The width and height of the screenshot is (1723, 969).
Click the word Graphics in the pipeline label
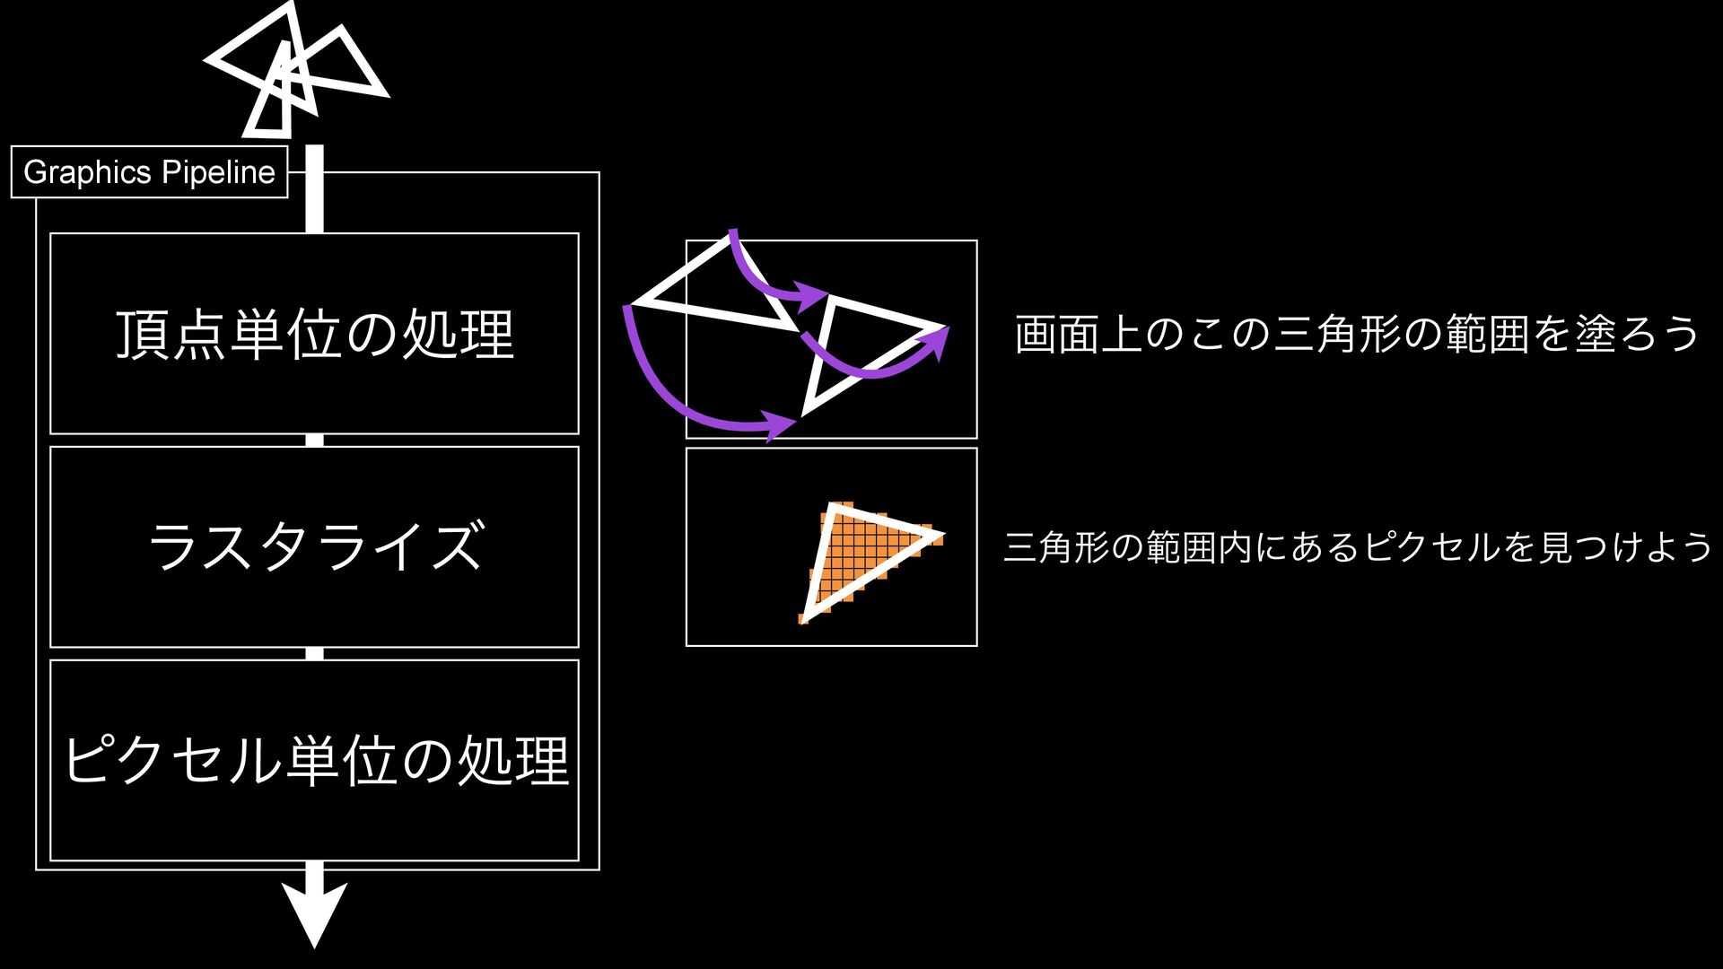point(87,172)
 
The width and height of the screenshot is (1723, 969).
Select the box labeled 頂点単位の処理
point(314,334)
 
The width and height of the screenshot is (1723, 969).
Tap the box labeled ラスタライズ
point(314,546)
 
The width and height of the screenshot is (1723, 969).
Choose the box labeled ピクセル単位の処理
point(314,760)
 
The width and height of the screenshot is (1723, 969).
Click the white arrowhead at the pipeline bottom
point(314,911)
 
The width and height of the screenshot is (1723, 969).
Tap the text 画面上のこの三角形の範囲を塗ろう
point(1356,334)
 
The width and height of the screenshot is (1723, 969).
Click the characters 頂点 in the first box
point(171,334)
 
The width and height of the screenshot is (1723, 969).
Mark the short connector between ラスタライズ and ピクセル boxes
point(314,653)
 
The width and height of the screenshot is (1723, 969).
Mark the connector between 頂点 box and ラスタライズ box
point(314,440)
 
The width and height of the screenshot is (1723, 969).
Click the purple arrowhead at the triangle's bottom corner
point(779,423)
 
